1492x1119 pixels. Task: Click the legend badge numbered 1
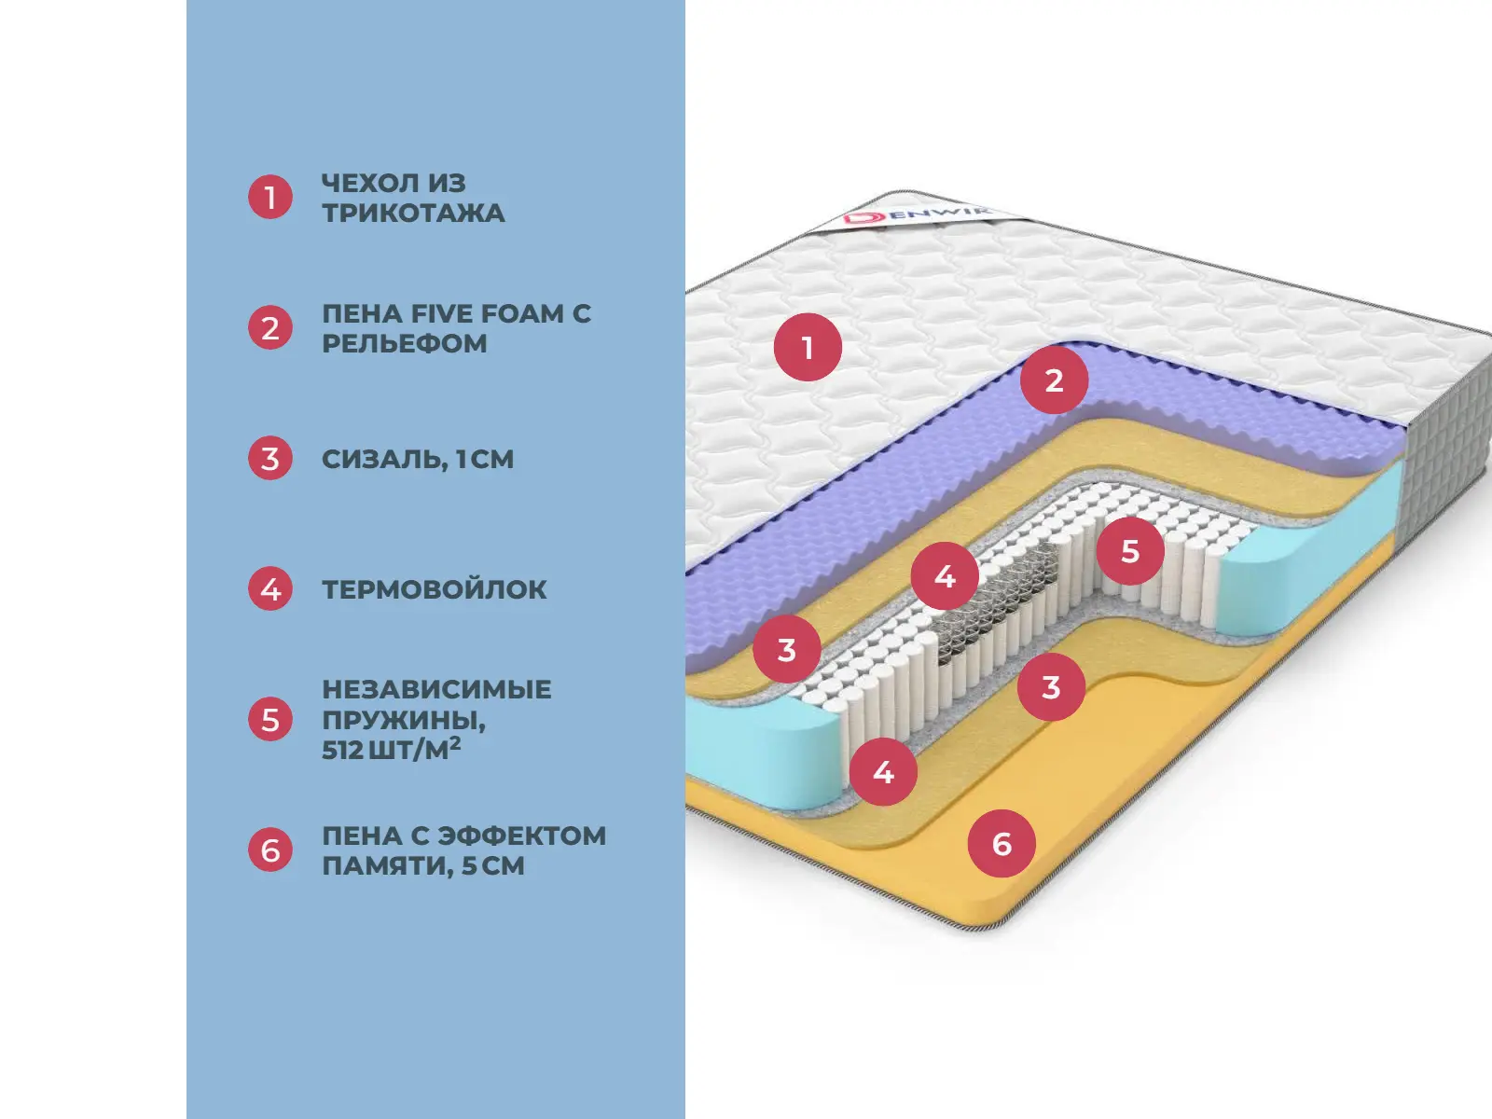click(270, 197)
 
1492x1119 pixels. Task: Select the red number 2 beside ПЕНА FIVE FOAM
click(270, 328)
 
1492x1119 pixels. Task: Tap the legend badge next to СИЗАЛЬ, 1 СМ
click(270, 459)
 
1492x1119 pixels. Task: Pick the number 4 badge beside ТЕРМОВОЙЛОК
click(270, 589)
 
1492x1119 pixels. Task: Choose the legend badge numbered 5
click(270, 719)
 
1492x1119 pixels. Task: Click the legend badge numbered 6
click(270, 850)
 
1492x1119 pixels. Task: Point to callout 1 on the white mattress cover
click(808, 348)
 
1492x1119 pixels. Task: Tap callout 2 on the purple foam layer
click(1054, 380)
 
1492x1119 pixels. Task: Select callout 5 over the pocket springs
click(1130, 551)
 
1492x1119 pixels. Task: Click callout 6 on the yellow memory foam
click(1002, 844)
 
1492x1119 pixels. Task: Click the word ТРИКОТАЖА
click(413, 214)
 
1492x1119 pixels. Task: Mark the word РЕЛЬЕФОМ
click(405, 344)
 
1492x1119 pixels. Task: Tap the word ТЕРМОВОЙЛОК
click(435, 589)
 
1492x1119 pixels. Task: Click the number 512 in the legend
click(342, 750)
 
